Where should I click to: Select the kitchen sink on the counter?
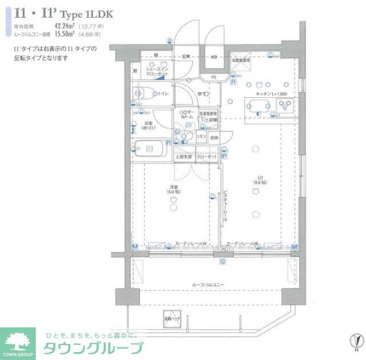[258, 105]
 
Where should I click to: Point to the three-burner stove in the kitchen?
[284, 105]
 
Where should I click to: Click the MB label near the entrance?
[213, 57]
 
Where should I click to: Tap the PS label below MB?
[213, 77]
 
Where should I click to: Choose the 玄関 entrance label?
[186, 57]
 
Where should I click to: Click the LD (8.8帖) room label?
[258, 180]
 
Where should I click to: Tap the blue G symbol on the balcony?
[223, 262]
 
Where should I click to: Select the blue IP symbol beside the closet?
[224, 156]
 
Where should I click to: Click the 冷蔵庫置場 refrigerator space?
[241, 60]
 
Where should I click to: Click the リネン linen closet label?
[201, 137]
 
